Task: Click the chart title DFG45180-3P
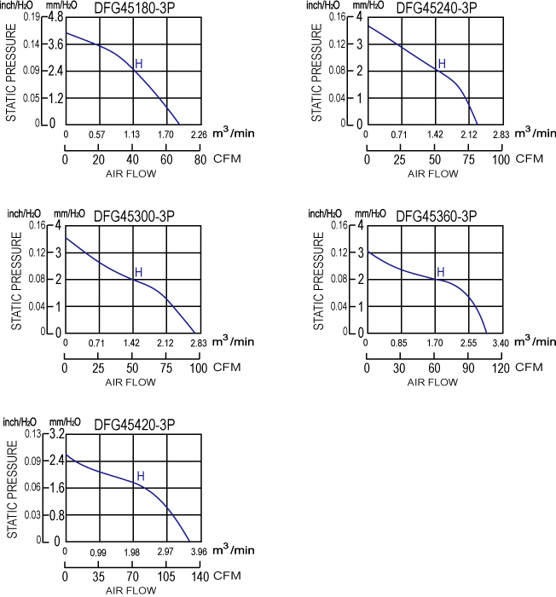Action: coord(132,9)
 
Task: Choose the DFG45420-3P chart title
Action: coord(134,425)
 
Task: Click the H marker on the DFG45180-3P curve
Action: coord(139,64)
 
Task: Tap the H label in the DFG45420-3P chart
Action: coord(141,476)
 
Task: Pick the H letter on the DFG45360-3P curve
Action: coord(440,272)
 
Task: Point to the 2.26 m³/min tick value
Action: coord(199,135)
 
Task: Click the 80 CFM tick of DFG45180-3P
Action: coord(200,159)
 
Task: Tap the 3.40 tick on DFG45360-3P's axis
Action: coord(501,344)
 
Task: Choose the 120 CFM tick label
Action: coord(501,368)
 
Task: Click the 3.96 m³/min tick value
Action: coord(200,553)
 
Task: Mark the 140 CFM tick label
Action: coord(200,577)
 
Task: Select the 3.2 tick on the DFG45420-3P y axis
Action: coord(56,434)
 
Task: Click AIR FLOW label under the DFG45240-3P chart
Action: coord(433,173)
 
